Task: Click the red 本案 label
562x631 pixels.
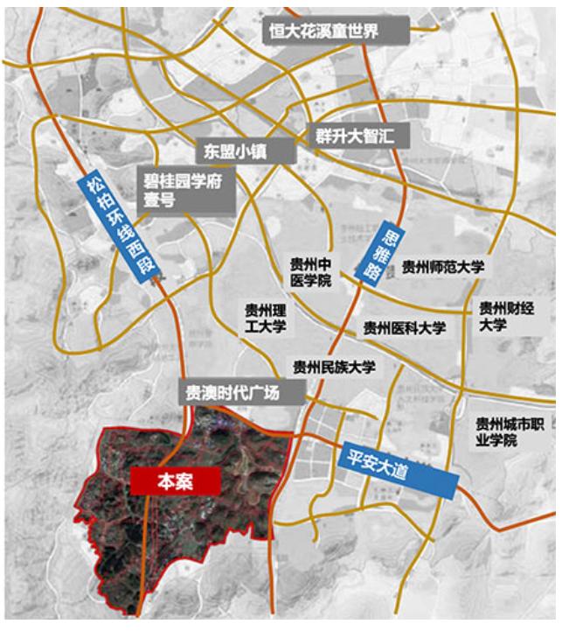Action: tap(173, 480)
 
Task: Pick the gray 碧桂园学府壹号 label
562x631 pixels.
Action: tap(188, 191)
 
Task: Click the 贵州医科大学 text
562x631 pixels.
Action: tap(406, 329)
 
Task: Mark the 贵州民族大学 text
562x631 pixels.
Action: tap(335, 368)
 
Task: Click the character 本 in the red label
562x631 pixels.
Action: tap(163, 480)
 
